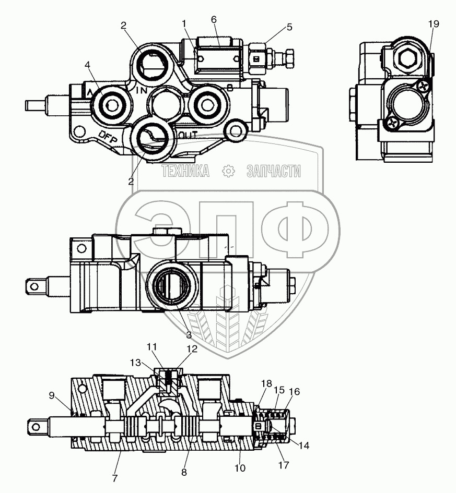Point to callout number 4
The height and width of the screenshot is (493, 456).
pyautogui.click(x=88, y=65)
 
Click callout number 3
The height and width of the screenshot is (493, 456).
pyautogui.click(x=189, y=335)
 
